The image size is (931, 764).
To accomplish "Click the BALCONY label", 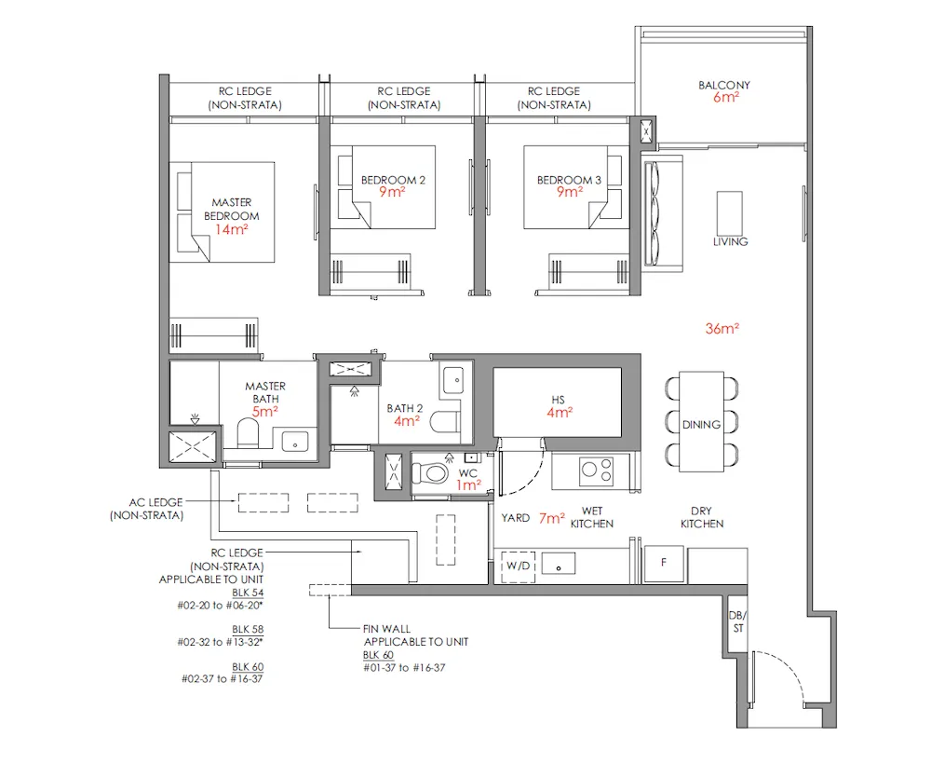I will pyautogui.click(x=724, y=85).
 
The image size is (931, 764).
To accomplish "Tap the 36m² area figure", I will pyautogui.click(x=728, y=328).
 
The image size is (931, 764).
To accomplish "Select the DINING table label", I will pyautogui.click(x=701, y=424).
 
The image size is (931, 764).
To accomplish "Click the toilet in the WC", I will pyautogui.click(x=433, y=472).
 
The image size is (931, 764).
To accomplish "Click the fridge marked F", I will pyautogui.click(x=664, y=563).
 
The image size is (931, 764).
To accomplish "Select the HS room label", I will pyautogui.click(x=558, y=401).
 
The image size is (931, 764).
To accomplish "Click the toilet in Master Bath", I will pyautogui.click(x=249, y=434).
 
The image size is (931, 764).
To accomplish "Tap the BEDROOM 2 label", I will pyautogui.click(x=394, y=180).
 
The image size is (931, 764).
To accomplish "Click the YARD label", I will pyautogui.click(x=515, y=517).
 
